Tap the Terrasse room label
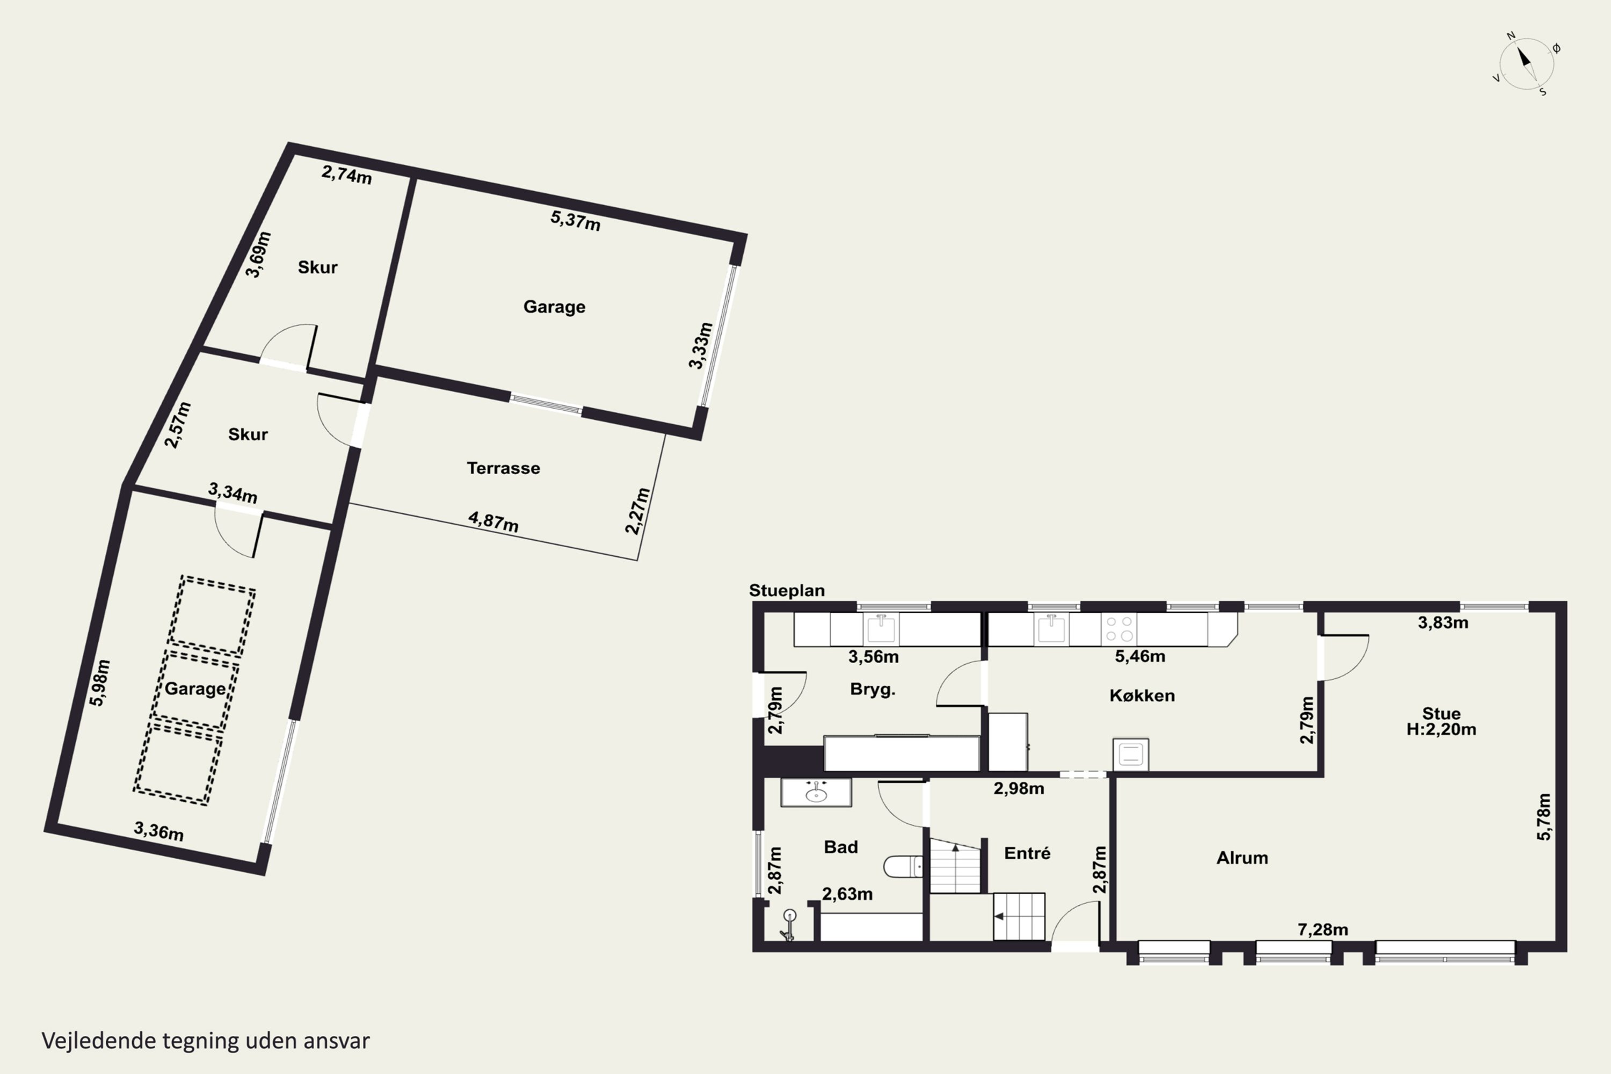click(x=504, y=468)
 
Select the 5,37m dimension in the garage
click(x=575, y=221)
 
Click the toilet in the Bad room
click(x=903, y=867)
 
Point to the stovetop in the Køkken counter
click(x=1119, y=629)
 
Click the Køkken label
click(x=1142, y=695)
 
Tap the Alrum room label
click(x=1242, y=858)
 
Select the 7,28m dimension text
click(x=1323, y=930)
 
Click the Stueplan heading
click(x=786, y=590)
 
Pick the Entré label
click(x=1027, y=853)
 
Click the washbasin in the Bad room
click(x=816, y=793)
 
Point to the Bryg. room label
click(x=873, y=689)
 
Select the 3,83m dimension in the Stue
click(x=1442, y=622)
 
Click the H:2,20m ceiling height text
click(x=1441, y=729)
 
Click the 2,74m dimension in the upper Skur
click(x=346, y=175)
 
